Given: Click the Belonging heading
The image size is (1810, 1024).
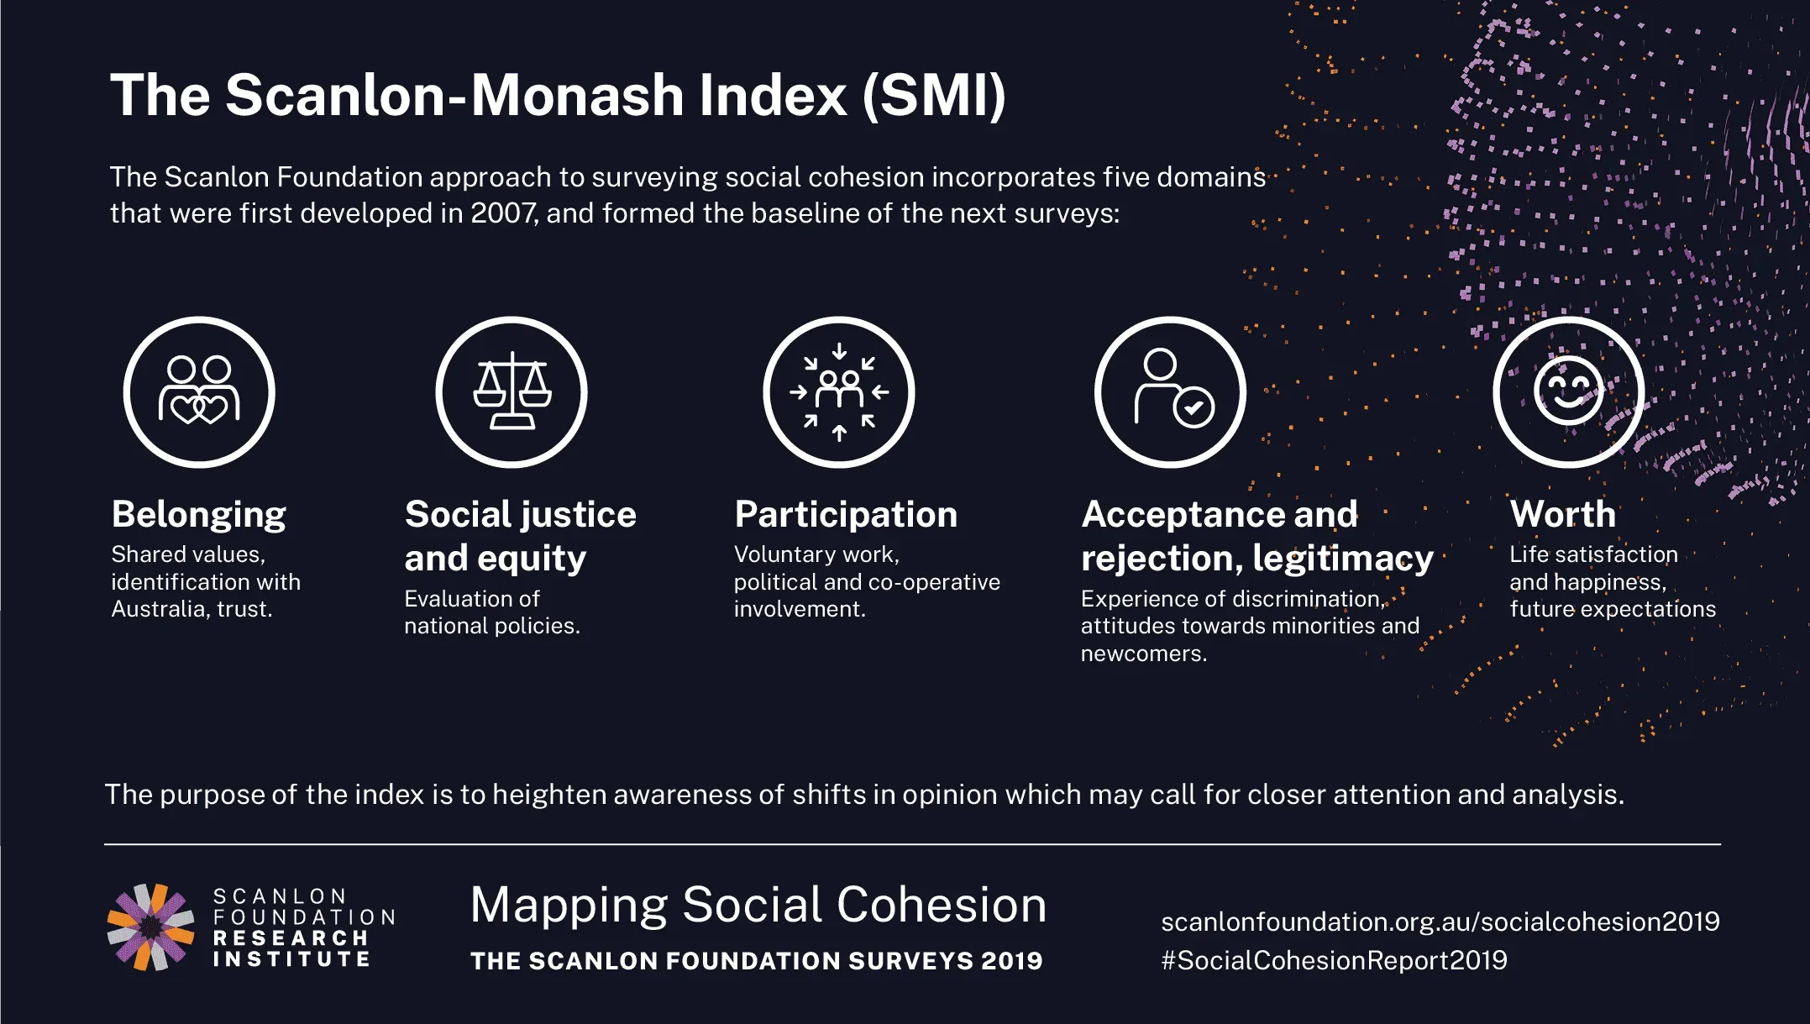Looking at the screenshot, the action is [x=199, y=515].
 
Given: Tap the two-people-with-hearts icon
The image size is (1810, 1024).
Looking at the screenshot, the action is [x=199, y=391].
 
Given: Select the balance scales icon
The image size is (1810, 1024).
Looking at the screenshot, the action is [x=512, y=391].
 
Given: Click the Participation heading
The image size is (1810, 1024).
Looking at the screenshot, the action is [x=846, y=515].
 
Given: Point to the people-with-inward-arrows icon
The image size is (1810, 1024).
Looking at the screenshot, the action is [x=839, y=392].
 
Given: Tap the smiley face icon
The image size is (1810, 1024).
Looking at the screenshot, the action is [x=1568, y=391].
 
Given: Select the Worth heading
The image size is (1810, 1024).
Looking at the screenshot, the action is [x=1562, y=514].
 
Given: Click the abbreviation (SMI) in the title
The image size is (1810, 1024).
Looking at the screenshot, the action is [x=934, y=95].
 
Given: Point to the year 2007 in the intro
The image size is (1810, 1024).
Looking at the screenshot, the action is [x=501, y=213].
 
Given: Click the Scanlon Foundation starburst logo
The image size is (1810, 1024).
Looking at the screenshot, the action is [x=150, y=927].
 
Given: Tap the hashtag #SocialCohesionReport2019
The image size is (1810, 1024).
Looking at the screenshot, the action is [x=1334, y=960].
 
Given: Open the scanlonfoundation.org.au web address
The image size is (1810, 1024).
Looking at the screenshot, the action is [x=1440, y=922].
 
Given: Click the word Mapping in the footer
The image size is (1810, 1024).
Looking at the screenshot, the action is [x=569, y=906].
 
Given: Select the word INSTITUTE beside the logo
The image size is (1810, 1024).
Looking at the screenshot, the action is [x=291, y=959].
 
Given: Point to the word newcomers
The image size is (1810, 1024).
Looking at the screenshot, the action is [x=1143, y=654].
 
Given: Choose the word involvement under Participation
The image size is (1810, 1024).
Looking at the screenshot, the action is [x=800, y=609].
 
